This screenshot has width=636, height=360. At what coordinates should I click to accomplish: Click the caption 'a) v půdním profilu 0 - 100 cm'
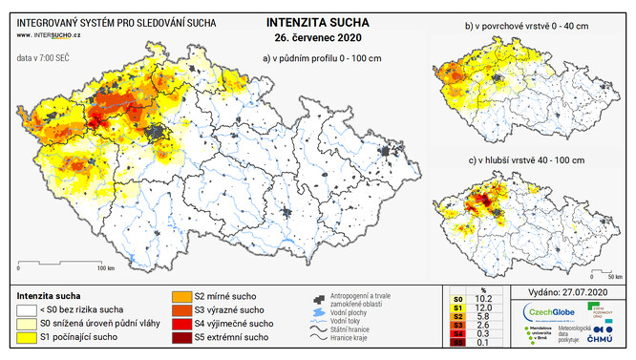(322, 57)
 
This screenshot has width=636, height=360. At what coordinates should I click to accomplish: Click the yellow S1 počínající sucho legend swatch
(25, 337)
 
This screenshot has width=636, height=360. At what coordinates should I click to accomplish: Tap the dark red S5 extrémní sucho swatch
(180, 337)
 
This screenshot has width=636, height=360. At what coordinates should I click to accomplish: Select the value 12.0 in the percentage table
(482, 308)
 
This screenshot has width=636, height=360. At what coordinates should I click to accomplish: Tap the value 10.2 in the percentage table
(482, 299)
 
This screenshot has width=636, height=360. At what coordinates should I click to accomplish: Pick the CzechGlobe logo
(546, 311)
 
